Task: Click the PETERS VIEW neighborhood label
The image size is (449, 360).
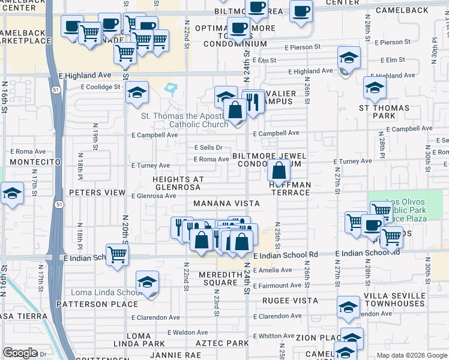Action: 97,193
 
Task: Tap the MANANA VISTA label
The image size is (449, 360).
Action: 226,204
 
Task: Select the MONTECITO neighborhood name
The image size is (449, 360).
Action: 36,163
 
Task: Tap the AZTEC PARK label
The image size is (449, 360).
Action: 222,343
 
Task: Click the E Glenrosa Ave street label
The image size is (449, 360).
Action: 154,196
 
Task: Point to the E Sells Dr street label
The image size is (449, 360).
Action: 208,148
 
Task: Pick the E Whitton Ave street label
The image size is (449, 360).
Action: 273,336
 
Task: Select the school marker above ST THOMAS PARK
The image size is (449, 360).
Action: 375,88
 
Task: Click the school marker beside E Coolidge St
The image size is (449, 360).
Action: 137,93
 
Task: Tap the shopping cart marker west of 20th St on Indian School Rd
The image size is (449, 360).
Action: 117,254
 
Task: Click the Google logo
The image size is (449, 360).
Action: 20,353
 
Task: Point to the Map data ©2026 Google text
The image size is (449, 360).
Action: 411,355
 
